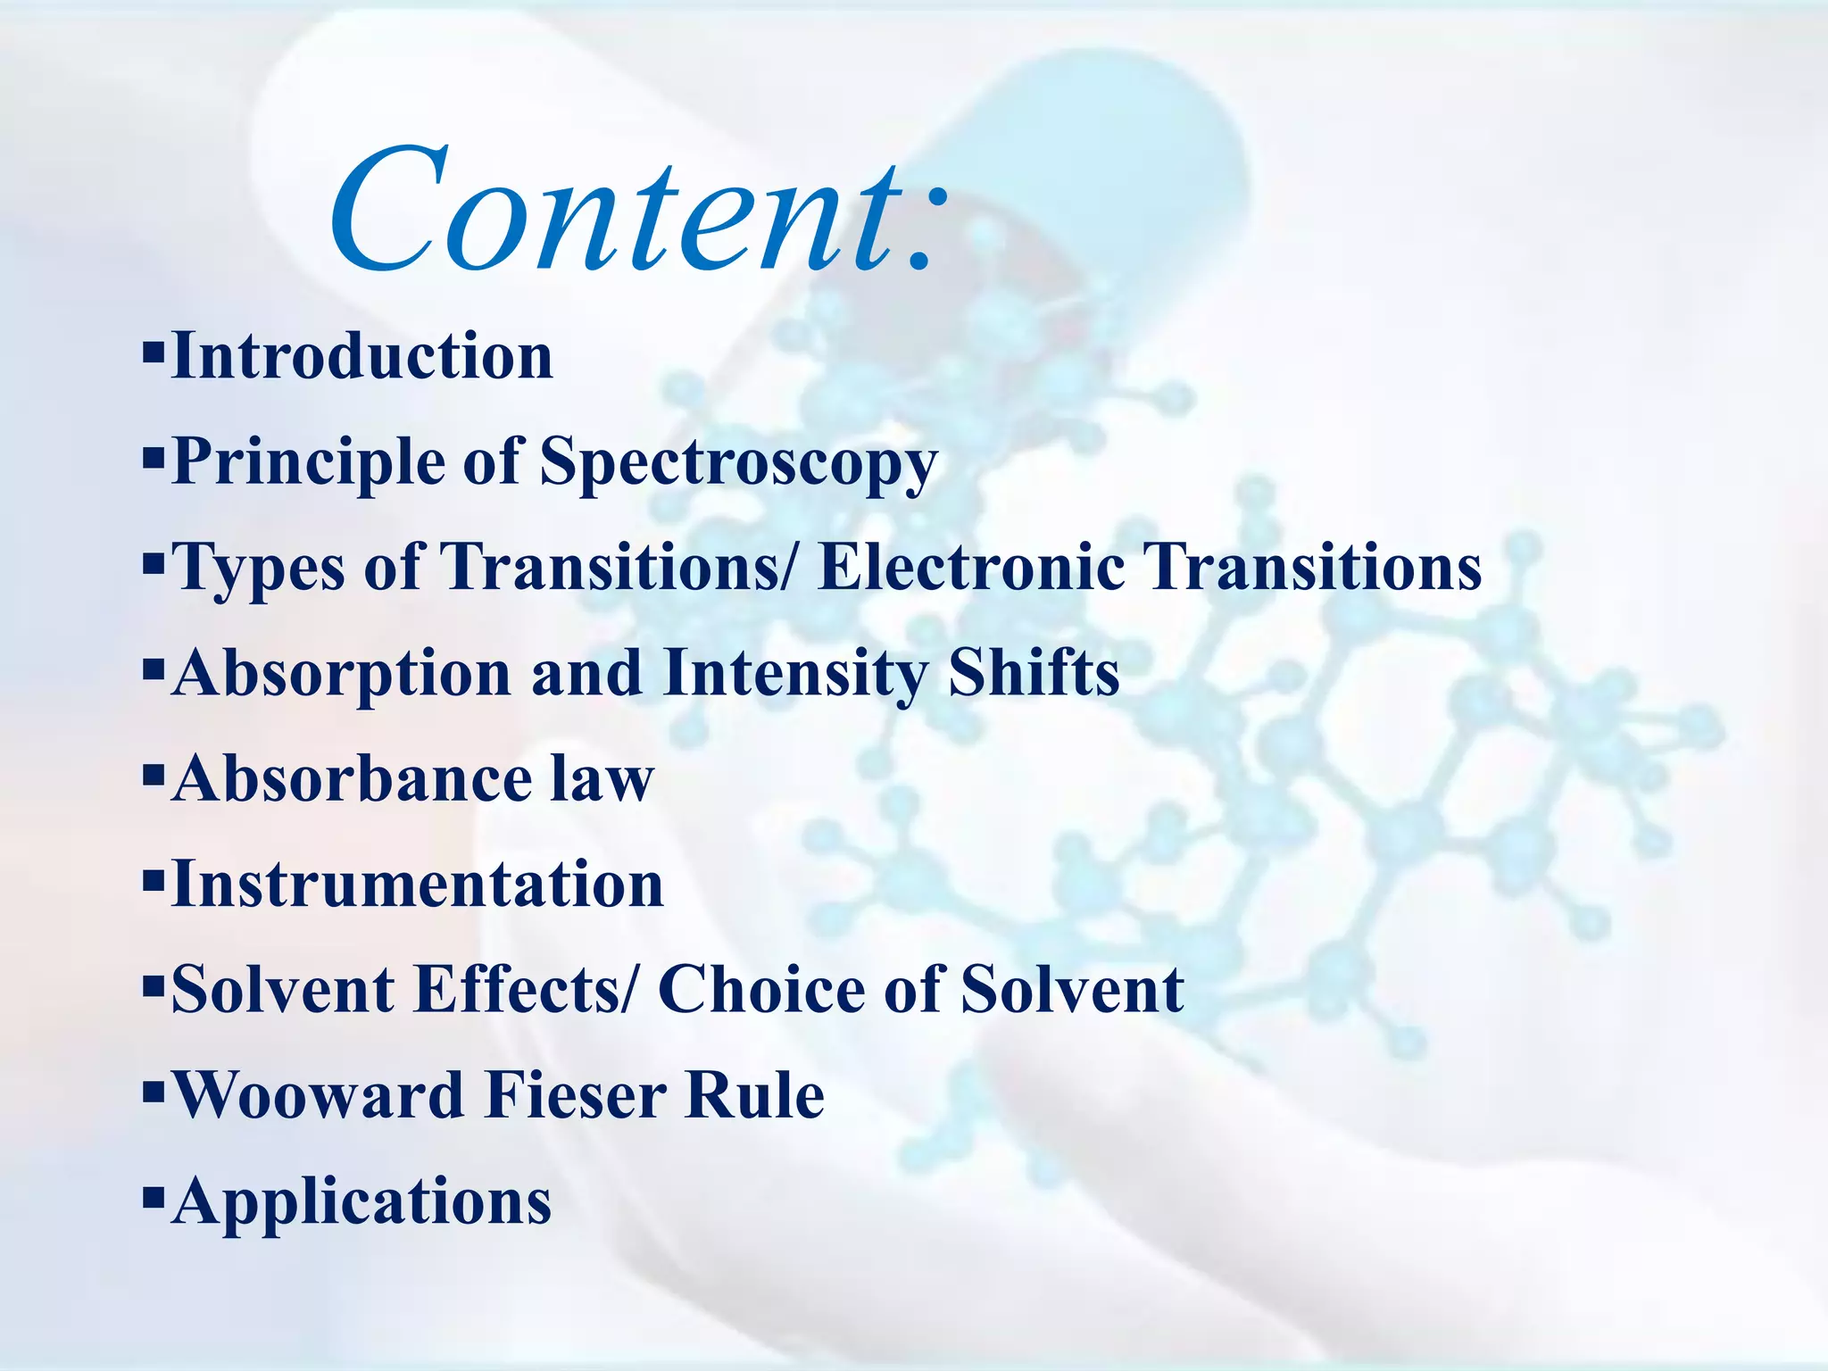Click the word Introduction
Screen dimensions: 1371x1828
(x=361, y=356)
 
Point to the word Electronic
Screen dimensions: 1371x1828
(x=971, y=567)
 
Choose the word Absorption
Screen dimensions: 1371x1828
(x=342, y=674)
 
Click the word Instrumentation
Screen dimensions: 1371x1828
(x=417, y=885)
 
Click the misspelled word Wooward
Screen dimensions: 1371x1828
(x=318, y=1095)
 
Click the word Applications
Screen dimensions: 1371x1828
(x=361, y=1202)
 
